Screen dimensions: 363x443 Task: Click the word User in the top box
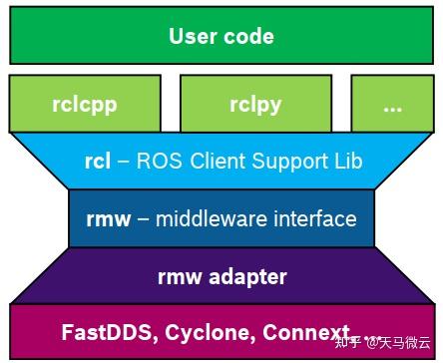(x=194, y=38)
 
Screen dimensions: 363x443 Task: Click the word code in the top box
(x=247, y=38)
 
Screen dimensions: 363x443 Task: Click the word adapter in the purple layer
(x=249, y=276)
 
